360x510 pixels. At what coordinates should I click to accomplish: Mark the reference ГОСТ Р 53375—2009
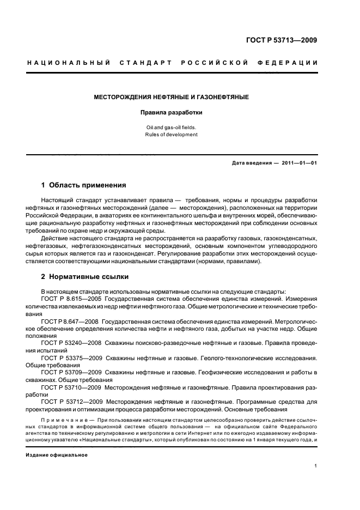pos(71,360)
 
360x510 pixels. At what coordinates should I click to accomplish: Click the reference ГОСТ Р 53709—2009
pos(71,374)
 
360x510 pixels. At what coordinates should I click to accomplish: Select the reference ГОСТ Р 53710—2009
pos(71,389)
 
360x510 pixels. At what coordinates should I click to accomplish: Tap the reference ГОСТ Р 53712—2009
pos(71,404)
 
